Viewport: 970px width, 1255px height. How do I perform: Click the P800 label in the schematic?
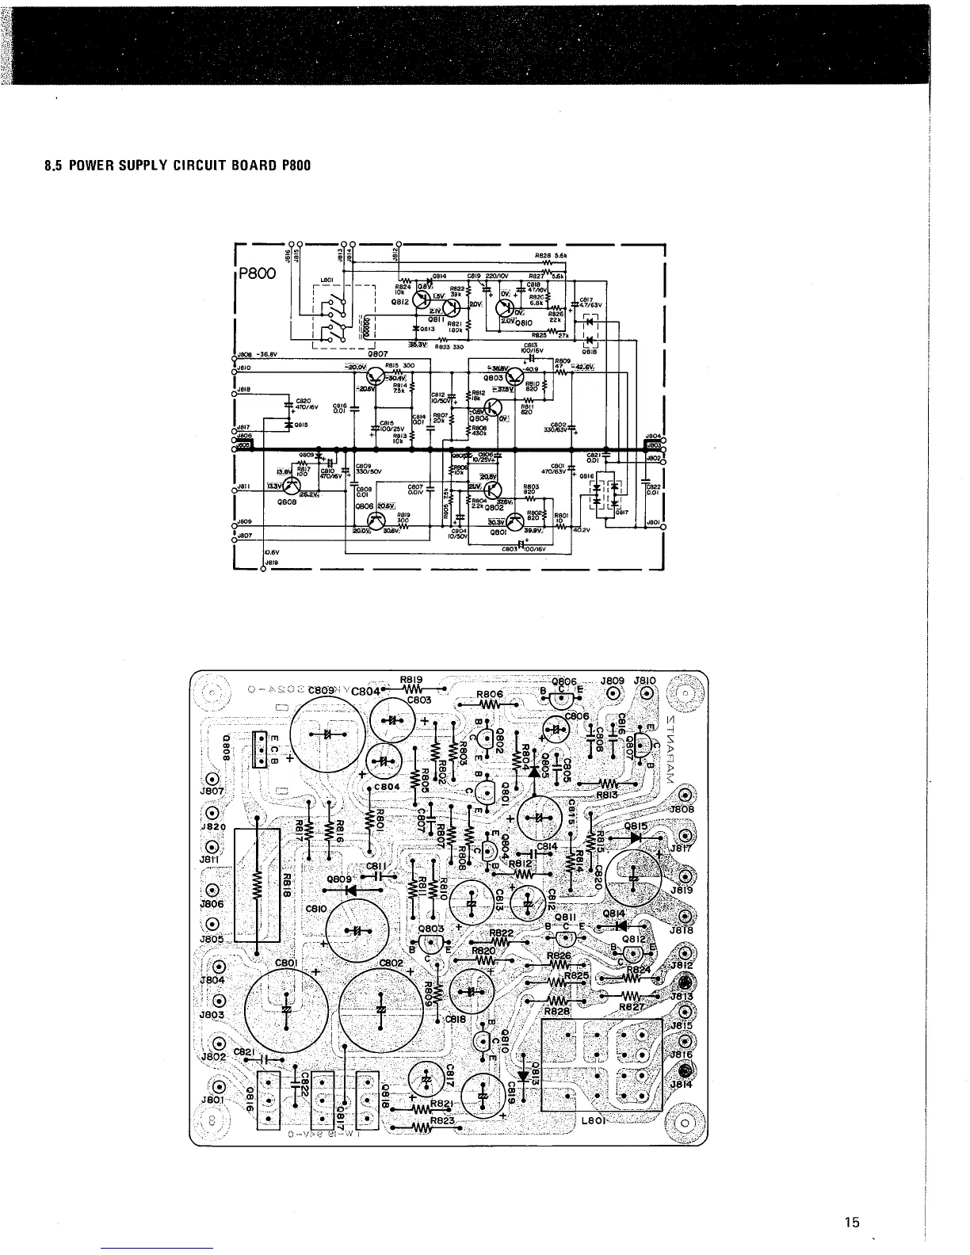[x=255, y=273]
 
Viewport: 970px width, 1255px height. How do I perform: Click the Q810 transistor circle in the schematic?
[x=506, y=308]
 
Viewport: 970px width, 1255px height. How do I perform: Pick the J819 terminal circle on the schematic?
[x=263, y=570]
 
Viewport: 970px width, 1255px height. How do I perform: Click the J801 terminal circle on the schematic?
[x=663, y=526]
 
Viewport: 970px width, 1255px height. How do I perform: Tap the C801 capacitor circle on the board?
[x=285, y=1010]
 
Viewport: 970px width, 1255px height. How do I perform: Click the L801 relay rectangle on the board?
[x=601, y=1066]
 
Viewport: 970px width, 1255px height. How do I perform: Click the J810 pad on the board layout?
[x=646, y=695]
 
